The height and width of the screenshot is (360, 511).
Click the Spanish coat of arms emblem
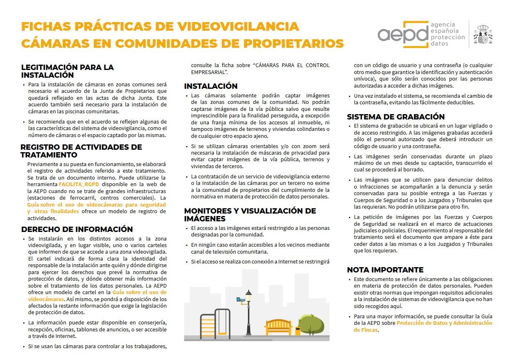click(483, 34)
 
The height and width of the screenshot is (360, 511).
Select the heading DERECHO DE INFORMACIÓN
click(77, 229)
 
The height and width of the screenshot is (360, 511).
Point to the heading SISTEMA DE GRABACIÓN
click(396, 117)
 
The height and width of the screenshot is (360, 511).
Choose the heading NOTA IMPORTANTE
click(385, 270)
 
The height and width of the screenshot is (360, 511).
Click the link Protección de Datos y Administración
click(444, 323)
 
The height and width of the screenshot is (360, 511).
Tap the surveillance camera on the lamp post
click(241, 300)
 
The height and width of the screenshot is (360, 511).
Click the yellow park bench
click(278, 326)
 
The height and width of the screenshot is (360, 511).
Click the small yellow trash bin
click(298, 331)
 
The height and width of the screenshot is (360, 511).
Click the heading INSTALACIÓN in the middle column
click(210, 86)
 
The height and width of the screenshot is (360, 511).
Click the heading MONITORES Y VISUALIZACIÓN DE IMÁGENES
click(250, 215)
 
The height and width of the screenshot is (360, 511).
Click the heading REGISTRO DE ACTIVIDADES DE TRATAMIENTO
click(81, 151)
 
